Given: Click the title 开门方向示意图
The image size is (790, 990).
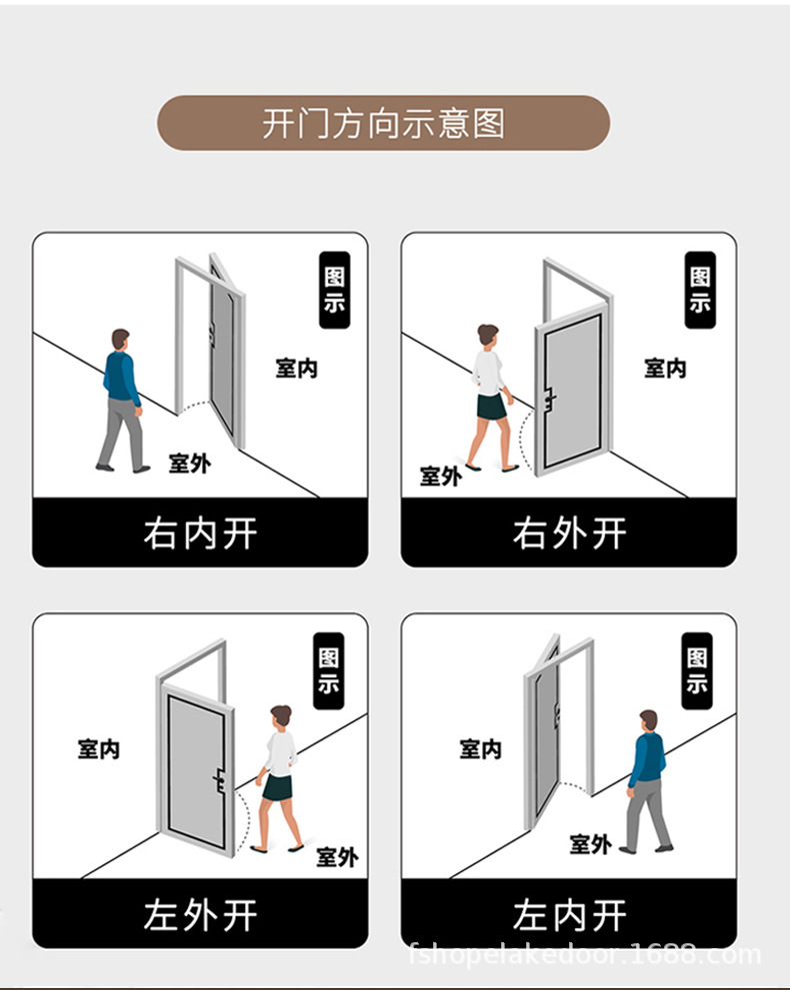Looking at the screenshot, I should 383,124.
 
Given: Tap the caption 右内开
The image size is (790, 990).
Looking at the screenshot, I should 200,533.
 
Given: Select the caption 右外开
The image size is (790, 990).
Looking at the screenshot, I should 569,533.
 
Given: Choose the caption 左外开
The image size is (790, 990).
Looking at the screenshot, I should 200,914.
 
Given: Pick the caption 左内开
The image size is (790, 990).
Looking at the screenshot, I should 569,914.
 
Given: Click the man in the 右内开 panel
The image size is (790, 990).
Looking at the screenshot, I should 122,400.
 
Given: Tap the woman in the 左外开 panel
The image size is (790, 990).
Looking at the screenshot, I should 278,779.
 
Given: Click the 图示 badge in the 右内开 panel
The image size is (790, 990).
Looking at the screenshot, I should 334,290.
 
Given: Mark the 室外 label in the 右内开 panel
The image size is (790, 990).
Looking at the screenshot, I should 189,463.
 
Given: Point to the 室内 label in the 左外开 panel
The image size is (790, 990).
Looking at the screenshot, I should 99,748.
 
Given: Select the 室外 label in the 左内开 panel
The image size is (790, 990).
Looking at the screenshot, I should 590,844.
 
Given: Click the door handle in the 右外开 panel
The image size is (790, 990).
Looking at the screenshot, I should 549,399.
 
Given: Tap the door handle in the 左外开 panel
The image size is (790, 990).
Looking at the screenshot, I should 218,780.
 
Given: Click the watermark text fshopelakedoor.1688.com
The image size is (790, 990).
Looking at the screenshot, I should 585,955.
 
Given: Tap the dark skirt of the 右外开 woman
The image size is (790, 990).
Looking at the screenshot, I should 491,407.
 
